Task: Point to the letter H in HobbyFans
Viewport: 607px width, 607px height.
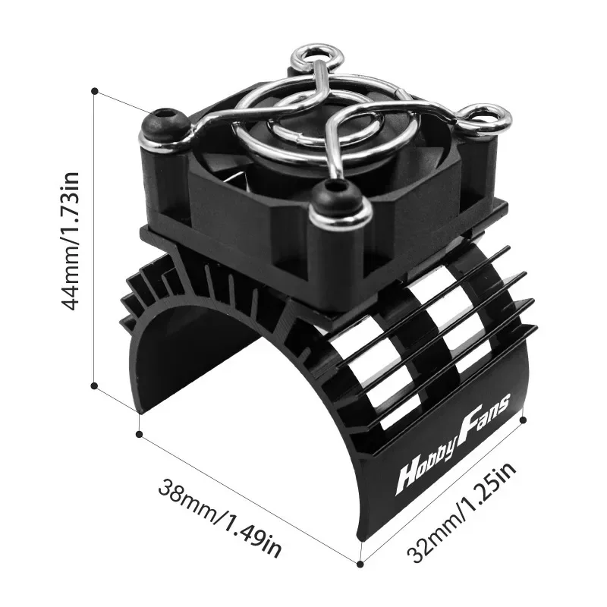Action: [408, 479]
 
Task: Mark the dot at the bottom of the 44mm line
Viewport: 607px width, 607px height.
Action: [94, 385]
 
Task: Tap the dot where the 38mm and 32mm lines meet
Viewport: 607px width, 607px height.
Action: [360, 562]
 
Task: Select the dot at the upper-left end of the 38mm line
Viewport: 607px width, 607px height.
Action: [139, 433]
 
